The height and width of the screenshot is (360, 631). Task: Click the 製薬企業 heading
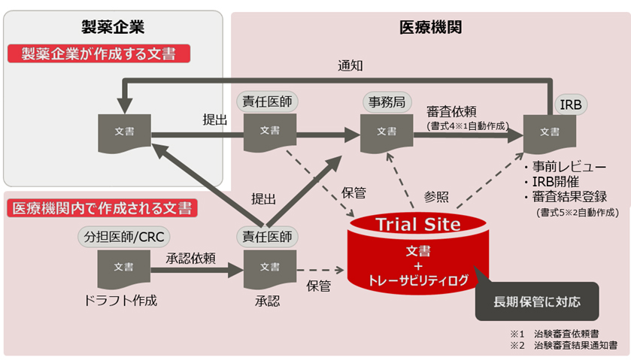(x=113, y=28)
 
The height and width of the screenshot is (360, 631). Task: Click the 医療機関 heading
(x=429, y=28)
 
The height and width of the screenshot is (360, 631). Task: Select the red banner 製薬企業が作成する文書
(x=99, y=53)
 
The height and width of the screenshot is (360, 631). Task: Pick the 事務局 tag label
(x=386, y=101)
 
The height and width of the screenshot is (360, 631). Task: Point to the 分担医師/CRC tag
(x=121, y=237)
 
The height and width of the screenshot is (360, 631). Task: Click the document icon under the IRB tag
(x=550, y=133)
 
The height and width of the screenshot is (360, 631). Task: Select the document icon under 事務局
(x=387, y=132)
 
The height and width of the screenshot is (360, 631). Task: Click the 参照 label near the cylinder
(x=436, y=196)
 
